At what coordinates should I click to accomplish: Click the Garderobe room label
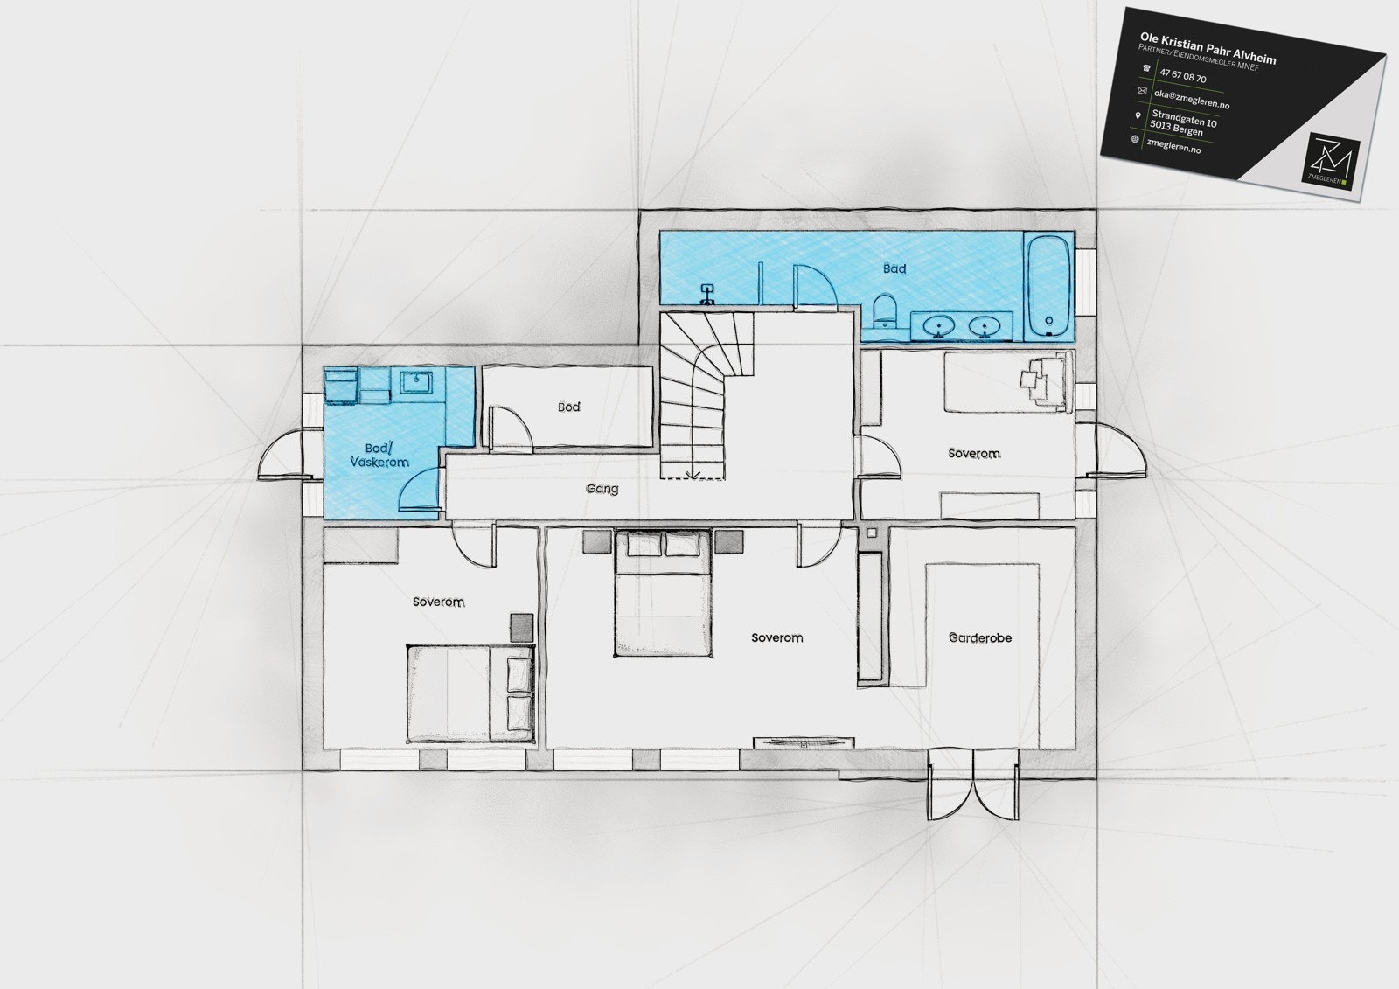980,638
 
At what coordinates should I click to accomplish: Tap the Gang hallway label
602,489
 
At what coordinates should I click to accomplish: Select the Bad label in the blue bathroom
894,268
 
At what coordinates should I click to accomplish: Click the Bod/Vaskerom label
379,455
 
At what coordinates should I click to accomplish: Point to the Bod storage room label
568,407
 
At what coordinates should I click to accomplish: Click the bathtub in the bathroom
1048,286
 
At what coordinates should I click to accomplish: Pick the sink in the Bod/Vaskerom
415,380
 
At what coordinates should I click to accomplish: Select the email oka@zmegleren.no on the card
1191,99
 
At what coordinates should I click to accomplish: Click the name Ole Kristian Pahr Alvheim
1208,47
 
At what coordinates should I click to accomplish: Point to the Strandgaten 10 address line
1184,118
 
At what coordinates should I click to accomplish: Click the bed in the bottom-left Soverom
470,693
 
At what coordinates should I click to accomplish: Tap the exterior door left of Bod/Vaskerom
282,456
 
